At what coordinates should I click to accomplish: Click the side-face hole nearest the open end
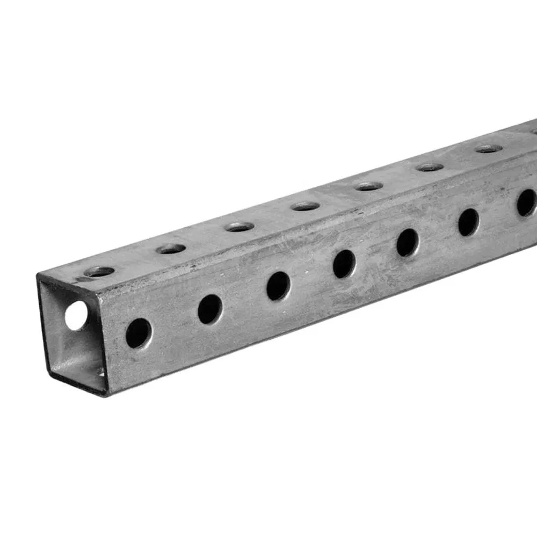pyautogui.click(x=139, y=333)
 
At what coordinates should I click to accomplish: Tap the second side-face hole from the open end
pyautogui.click(x=210, y=309)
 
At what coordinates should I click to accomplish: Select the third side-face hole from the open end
pyautogui.click(x=278, y=286)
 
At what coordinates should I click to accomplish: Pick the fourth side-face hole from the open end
pyautogui.click(x=344, y=264)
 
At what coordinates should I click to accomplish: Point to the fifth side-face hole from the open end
pyautogui.click(x=408, y=242)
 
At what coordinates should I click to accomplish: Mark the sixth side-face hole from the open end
pyautogui.click(x=468, y=222)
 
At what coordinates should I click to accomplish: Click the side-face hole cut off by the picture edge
pyautogui.click(x=527, y=202)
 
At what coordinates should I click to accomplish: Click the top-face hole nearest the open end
pyautogui.click(x=99, y=272)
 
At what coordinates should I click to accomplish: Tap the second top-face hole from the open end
pyautogui.click(x=171, y=249)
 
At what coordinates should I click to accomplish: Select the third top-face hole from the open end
pyautogui.click(x=239, y=227)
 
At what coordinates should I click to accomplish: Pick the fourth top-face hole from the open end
pyautogui.click(x=306, y=206)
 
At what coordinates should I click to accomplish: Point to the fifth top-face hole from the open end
pyautogui.click(x=369, y=186)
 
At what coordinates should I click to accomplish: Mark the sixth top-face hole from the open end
pyautogui.click(x=430, y=167)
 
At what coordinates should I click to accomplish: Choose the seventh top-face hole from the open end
pyautogui.click(x=489, y=149)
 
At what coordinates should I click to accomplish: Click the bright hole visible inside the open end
pyautogui.click(x=76, y=315)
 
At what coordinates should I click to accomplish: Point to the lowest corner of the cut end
pyautogui.click(x=106, y=395)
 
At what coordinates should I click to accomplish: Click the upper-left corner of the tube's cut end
pyautogui.click(x=38, y=275)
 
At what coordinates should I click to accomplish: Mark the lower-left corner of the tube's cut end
pyautogui.click(x=49, y=370)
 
